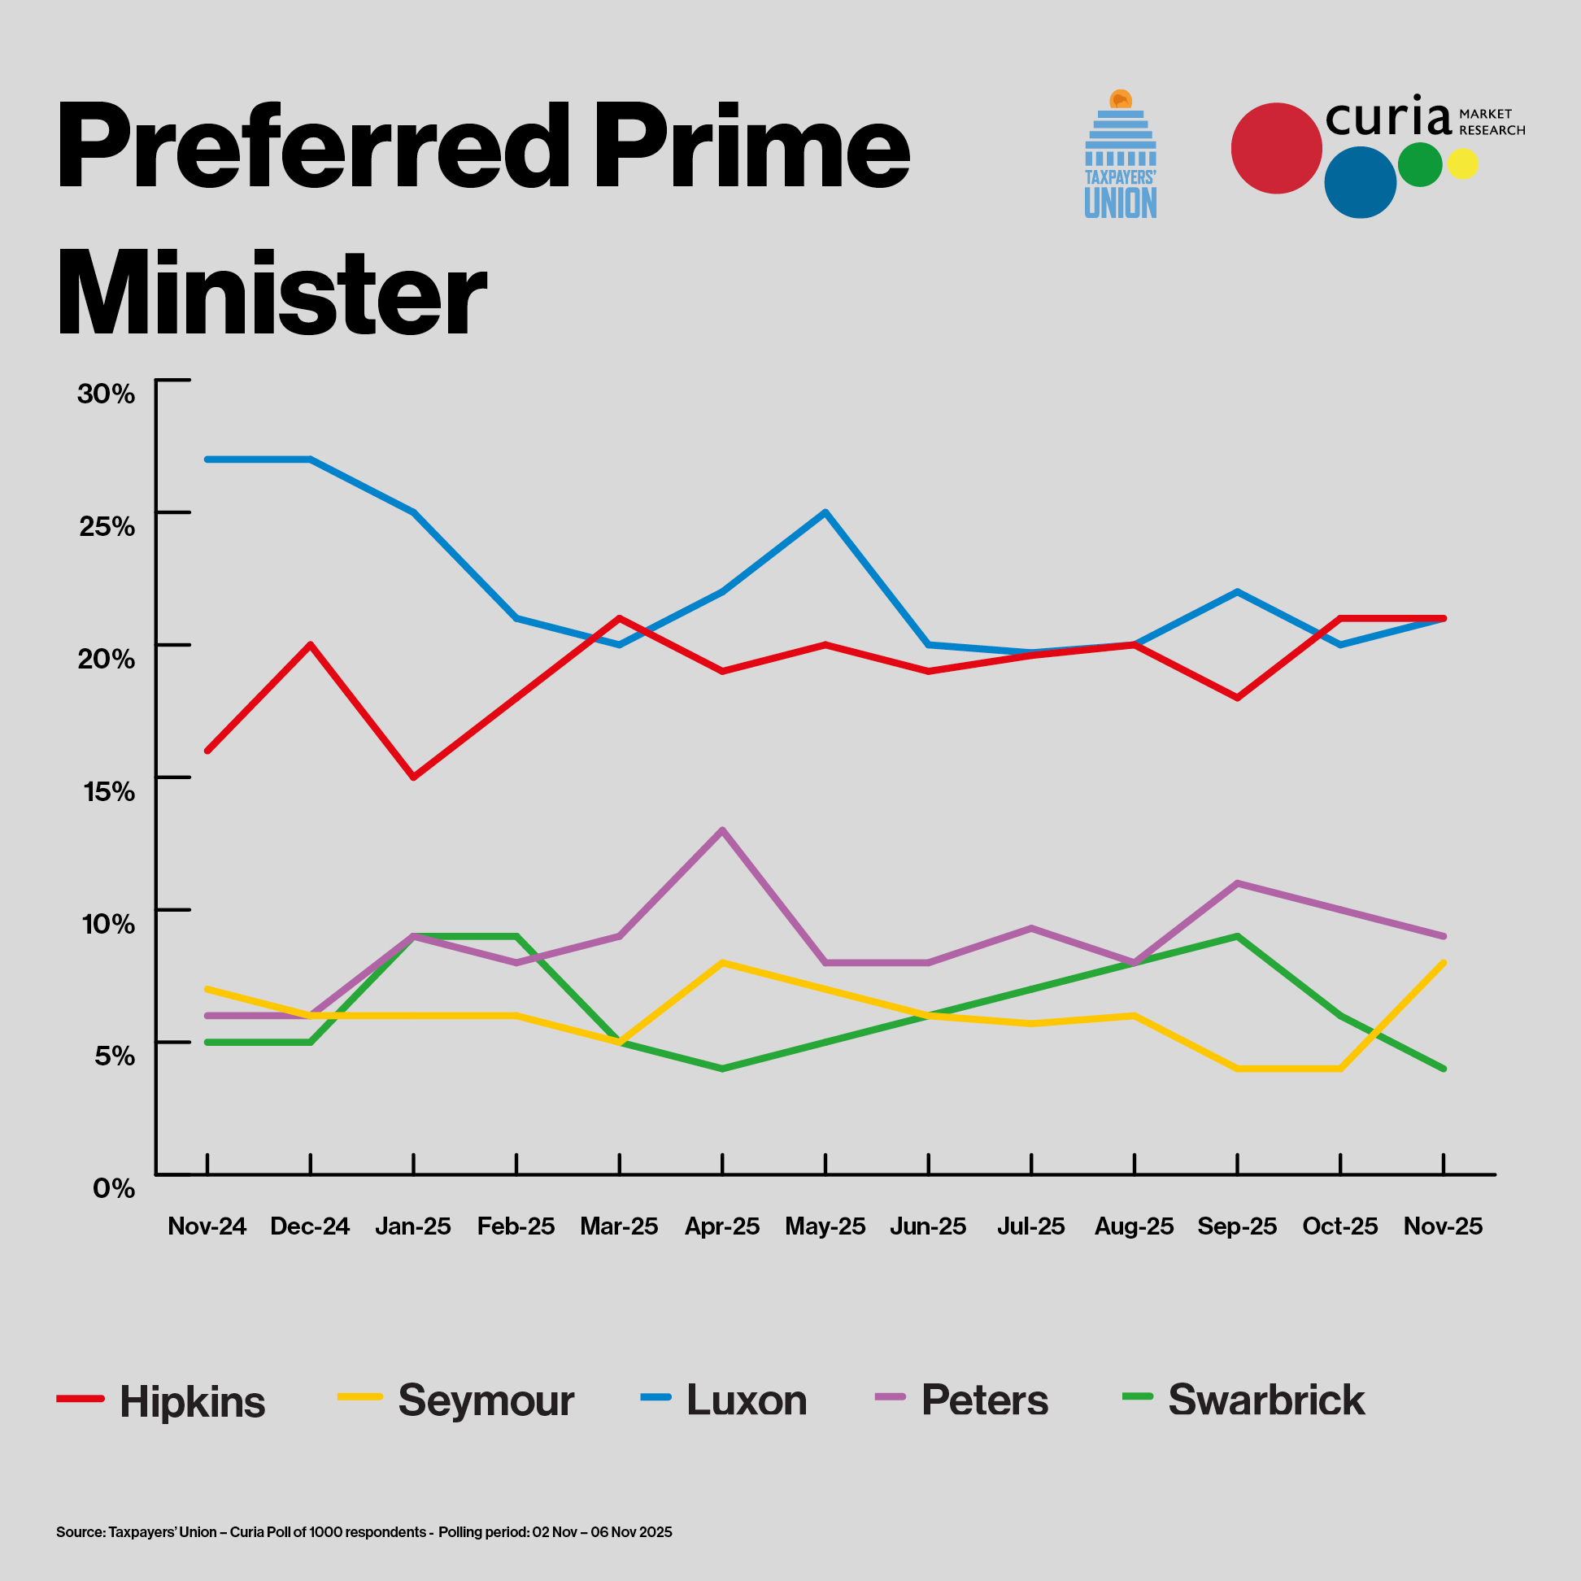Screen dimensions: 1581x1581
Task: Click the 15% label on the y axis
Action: tap(109, 791)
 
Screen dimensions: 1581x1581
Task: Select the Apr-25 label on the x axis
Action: tap(721, 1226)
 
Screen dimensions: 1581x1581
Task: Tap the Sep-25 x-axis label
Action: tap(1236, 1226)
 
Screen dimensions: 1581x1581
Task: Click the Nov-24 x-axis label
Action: tap(207, 1226)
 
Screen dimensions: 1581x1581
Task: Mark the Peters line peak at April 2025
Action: tap(721, 830)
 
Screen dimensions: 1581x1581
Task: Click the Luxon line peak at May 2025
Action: tap(825, 512)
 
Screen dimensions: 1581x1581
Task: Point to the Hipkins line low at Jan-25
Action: tap(414, 777)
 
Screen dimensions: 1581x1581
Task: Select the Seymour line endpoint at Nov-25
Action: tap(1444, 963)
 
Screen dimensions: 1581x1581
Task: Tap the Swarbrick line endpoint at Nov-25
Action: tap(1444, 1069)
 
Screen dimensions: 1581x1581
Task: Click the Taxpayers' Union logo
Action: tap(1121, 155)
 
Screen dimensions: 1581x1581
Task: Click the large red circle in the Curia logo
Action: tap(1276, 148)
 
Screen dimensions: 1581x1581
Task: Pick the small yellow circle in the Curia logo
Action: tap(1462, 163)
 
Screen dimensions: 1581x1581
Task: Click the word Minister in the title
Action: tap(272, 293)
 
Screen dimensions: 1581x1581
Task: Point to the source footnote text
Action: tap(364, 1531)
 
